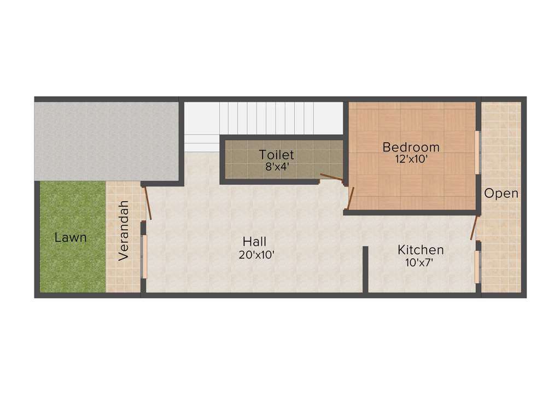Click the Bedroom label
tap(411, 147)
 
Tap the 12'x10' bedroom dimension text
tap(411, 160)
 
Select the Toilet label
tap(277, 155)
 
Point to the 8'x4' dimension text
tap(277, 167)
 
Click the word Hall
tap(255, 242)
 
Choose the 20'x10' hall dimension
tap(256, 254)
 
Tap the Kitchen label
tap(421, 250)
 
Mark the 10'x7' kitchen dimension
tap(420, 262)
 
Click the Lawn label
tap(71, 238)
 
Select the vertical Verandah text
tap(124, 230)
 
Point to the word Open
tap(501, 193)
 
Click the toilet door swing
tap(331, 177)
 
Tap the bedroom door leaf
tap(351, 198)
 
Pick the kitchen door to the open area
tap(475, 227)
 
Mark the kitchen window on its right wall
tap(477, 267)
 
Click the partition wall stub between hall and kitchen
tap(365, 270)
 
